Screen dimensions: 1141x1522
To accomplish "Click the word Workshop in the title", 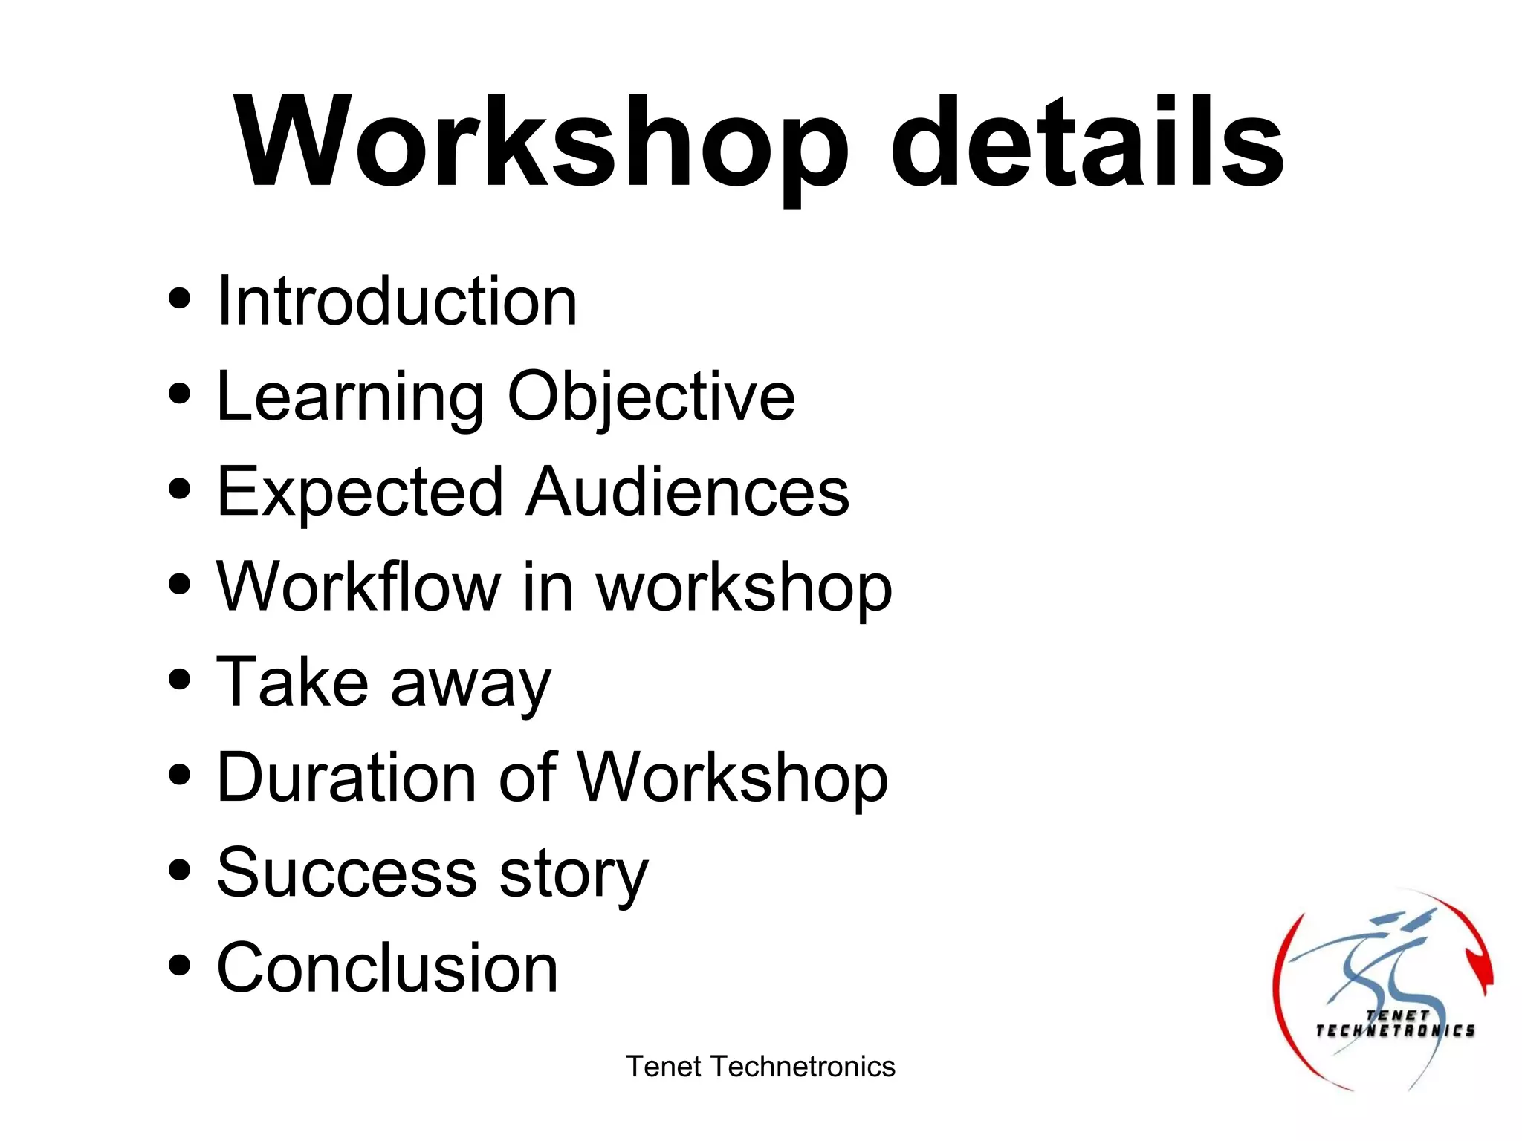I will click(x=541, y=143).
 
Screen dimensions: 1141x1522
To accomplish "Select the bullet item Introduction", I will click(x=397, y=301).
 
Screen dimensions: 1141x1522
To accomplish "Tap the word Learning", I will click(x=350, y=397).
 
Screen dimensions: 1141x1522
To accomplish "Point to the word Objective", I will click(x=651, y=397).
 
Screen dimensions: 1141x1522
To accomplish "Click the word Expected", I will click(x=360, y=492).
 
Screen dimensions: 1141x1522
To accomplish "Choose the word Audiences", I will click(x=687, y=492).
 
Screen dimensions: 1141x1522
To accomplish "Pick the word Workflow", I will click(x=359, y=587).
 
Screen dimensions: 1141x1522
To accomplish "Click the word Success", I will click(x=346, y=873).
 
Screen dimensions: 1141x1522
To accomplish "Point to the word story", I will click(x=574, y=877).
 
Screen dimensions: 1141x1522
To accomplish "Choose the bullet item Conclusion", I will click(x=387, y=968).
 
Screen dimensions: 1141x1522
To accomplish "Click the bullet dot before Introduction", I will click(x=180, y=299).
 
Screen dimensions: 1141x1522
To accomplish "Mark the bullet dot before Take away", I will click(x=180, y=680).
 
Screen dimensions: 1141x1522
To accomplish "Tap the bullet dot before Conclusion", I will click(x=180, y=966).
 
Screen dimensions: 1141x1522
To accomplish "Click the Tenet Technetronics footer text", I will click(x=760, y=1067).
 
